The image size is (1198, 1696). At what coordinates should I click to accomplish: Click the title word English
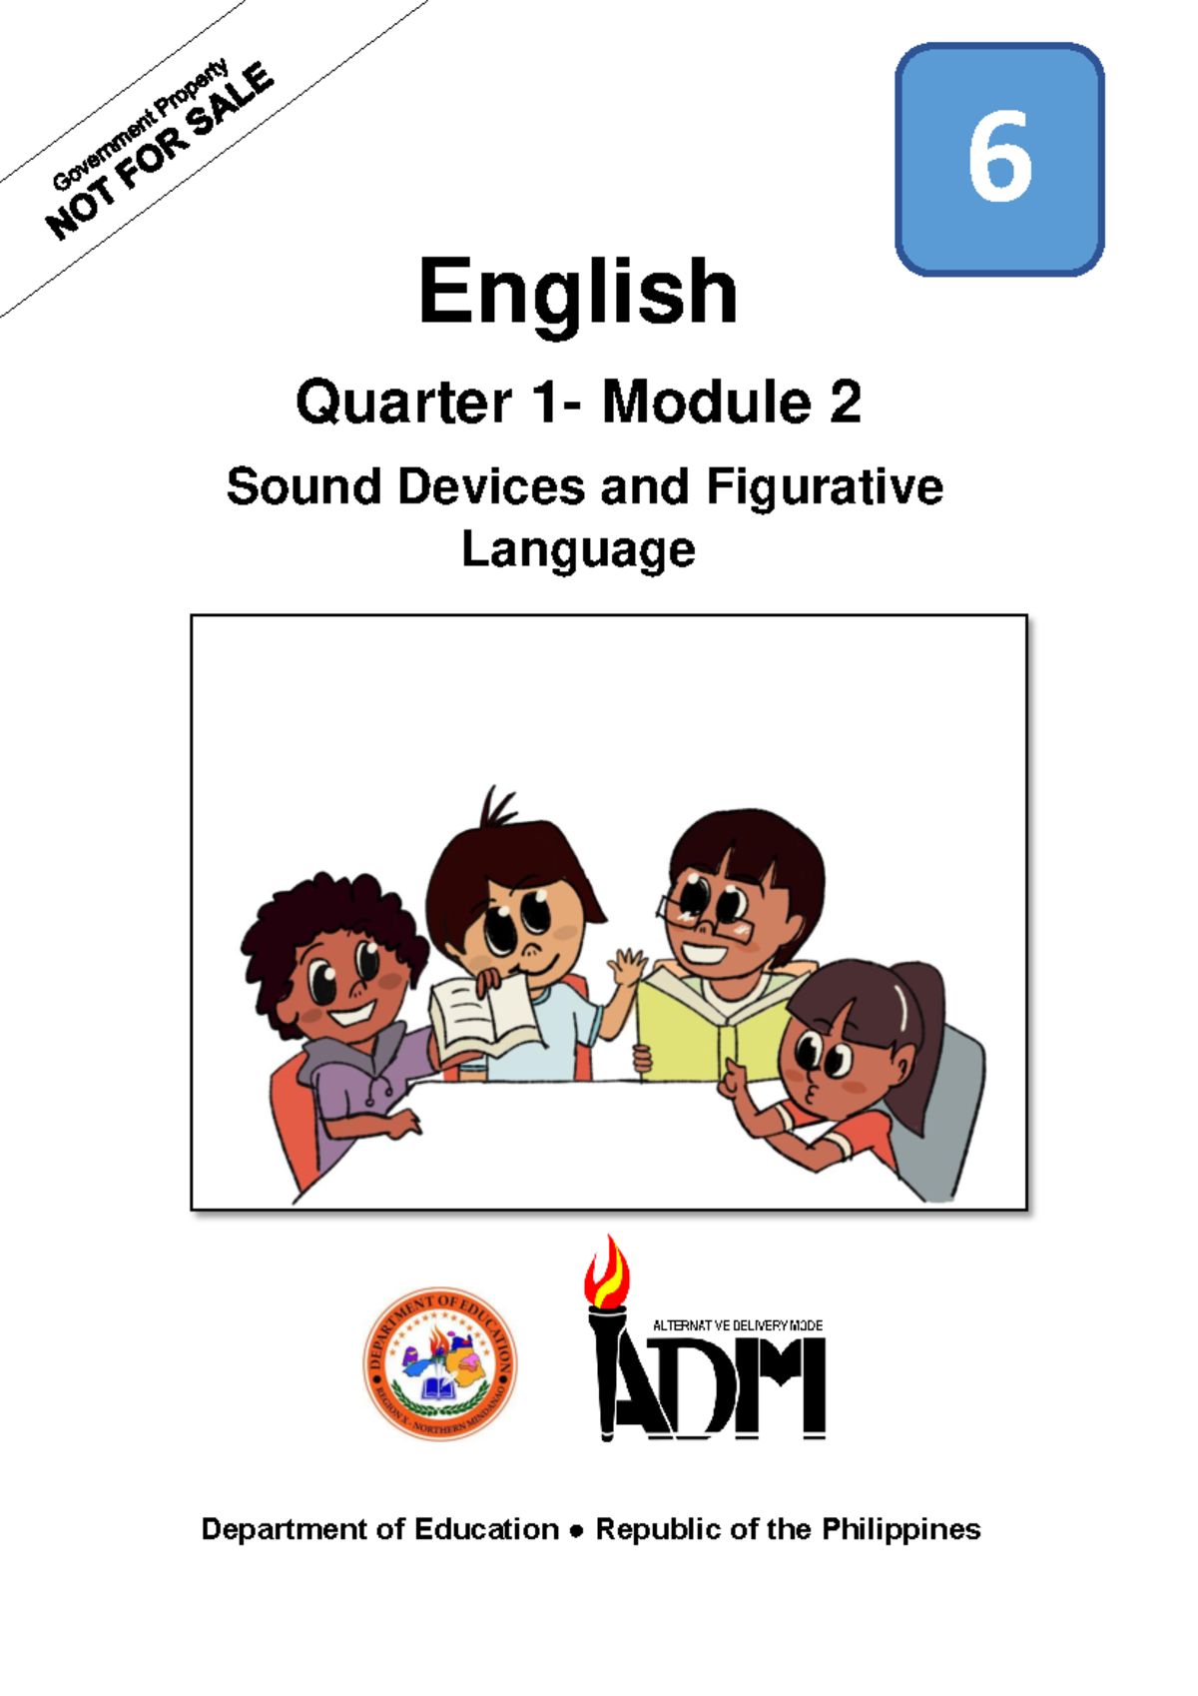[x=578, y=292]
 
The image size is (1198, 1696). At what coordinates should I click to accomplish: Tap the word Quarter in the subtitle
[x=403, y=403]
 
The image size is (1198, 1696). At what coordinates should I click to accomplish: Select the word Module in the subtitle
[x=706, y=403]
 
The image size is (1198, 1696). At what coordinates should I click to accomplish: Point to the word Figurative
[x=825, y=487]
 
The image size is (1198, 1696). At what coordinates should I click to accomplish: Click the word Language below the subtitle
[x=578, y=549]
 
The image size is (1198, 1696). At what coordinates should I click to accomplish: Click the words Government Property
[x=140, y=125]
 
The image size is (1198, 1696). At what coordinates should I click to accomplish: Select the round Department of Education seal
[x=440, y=1362]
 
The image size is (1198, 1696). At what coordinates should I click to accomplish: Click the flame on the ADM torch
[x=607, y=1271]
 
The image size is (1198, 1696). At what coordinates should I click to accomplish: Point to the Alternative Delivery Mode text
[x=737, y=1325]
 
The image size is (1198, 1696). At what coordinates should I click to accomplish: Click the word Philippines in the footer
[x=900, y=1529]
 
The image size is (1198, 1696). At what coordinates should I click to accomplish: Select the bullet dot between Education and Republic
[x=576, y=1531]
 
